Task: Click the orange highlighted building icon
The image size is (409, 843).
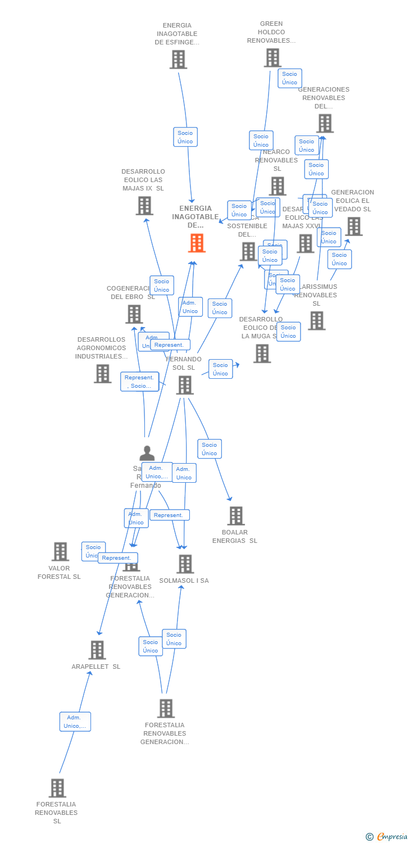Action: [x=197, y=243]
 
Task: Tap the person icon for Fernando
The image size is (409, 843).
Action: [x=147, y=453]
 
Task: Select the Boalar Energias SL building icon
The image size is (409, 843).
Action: [x=235, y=515]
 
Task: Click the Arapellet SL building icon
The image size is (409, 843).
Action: [x=97, y=650]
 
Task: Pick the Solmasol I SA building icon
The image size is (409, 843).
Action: [x=185, y=564]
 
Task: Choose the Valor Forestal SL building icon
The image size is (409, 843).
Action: [x=60, y=551]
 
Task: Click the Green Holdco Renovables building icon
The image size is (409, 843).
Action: [x=272, y=57]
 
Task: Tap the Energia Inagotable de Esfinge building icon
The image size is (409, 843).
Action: [x=178, y=59]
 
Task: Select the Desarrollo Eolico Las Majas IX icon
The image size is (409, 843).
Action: [x=144, y=206]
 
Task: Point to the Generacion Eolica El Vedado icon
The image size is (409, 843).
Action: [x=353, y=226]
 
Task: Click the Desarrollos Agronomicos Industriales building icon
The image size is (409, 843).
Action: [x=102, y=373]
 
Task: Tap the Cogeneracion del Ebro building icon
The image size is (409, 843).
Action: [x=134, y=314]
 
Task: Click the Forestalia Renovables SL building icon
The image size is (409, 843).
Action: [x=57, y=788]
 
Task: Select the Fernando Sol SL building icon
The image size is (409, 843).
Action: [x=185, y=385]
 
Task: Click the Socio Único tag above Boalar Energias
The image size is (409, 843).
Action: [x=210, y=448]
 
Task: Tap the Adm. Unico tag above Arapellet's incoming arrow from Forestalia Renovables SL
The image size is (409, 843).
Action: [x=75, y=722]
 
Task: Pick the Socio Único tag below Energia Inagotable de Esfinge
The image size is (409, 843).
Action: [x=185, y=137]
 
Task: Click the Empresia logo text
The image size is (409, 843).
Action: [x=392, y=837]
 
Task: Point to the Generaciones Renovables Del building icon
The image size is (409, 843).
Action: [x=325, y=123]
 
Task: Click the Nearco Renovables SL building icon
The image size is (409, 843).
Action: [x=278, y=185]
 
